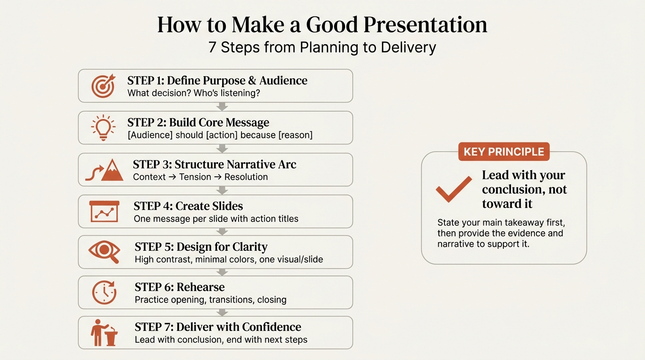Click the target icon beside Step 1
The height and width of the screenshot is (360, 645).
tap(103, 86)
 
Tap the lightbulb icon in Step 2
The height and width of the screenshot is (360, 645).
tap(103, 127)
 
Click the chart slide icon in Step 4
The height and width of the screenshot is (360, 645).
tap(105, 212)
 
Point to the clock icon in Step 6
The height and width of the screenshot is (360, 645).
tap(104, 292)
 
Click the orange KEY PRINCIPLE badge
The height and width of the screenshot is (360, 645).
tap(503, 152)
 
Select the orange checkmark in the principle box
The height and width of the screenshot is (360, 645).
tap(453, 189)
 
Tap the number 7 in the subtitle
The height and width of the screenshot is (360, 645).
tap(212, 48)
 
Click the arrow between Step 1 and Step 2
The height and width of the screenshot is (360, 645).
tap(223, 107)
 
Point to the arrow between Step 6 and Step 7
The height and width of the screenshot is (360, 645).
tap(223, 312)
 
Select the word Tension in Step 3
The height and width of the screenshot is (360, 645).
tap(195, 177)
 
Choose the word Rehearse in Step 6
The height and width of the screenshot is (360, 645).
tap(201, 287)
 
